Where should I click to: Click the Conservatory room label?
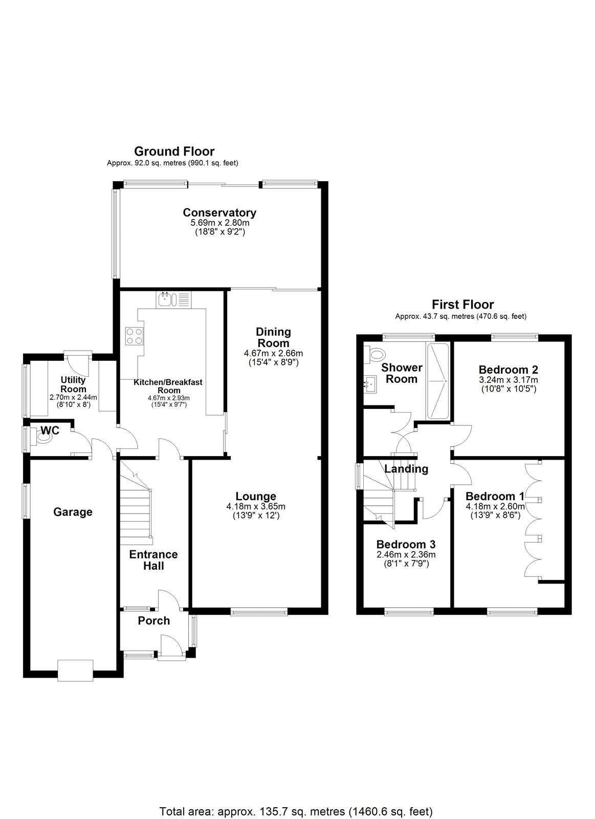(219, 212)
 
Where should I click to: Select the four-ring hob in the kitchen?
(134, 336)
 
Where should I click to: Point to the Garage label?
(73, 512)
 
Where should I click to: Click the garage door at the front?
(75, 670)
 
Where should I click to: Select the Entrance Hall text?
(153, 560)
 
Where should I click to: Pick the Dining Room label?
(273, 337)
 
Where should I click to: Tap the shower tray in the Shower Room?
(438, 381)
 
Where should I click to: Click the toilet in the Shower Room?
(376, 354)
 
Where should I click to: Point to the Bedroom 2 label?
(508, 370)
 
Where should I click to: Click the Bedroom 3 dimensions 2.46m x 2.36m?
(406, 555)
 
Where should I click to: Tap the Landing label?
(406, 469)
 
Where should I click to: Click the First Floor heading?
(462, 305)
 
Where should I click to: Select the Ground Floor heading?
(174, 151)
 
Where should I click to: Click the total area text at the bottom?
(296, 797)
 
